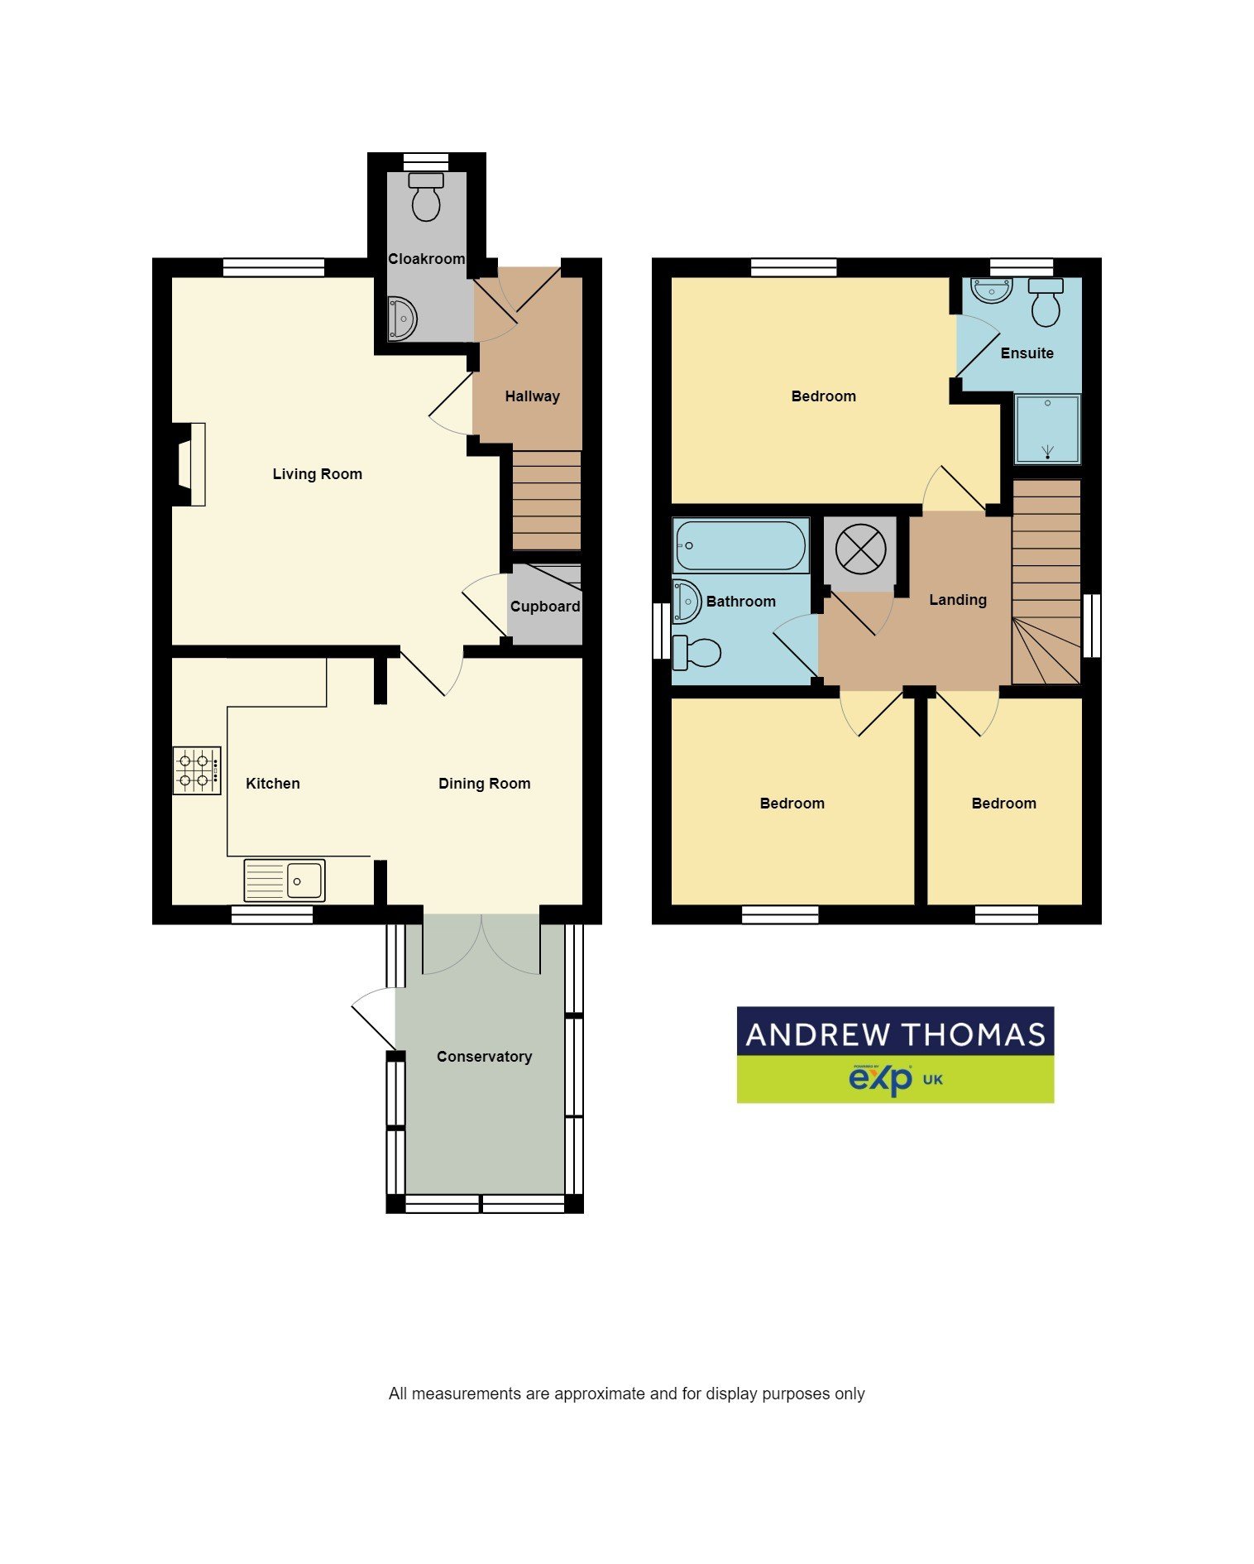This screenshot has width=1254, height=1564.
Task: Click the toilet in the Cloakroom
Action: (x=426, y=199)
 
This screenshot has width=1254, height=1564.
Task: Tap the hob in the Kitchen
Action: (x=197, y=770)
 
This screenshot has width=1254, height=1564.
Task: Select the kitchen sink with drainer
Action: (x=285, y=880)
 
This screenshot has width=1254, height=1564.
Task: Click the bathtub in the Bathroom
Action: (x=740, y=545)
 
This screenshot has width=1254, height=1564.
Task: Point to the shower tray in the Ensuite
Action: (x=1047, y=429)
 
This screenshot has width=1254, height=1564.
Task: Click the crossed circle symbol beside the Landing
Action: (x=860, y=549)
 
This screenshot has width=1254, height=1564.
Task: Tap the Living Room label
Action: (x=318, y=474)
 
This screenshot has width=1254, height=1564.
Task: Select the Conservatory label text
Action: (x=484, y=1057)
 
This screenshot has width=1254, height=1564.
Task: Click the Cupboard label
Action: (x=544, y=607)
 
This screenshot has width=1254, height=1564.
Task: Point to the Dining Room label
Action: (x=484, y=784)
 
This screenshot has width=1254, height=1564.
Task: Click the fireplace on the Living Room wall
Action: (x=190, y=464)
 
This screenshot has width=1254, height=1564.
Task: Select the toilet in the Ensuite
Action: (x=1046, y=302)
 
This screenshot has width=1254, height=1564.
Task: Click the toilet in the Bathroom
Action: (x=696, y=652)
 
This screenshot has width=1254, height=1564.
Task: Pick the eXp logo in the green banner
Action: (x=880, y=1079)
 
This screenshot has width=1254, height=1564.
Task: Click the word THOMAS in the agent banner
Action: (x=972, y=1035)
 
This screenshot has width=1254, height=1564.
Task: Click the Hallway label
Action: (x=532, y=396)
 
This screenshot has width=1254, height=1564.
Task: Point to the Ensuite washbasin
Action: (x=991, y=290)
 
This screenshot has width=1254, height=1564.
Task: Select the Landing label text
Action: (x=958, y=600)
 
